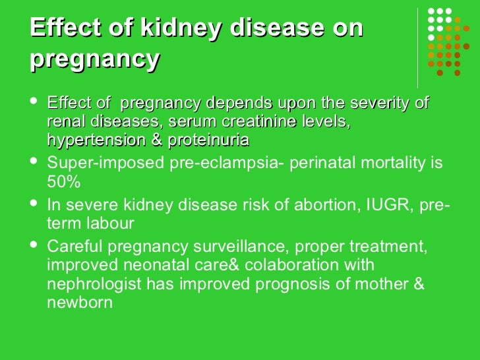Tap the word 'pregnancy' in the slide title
click(x=95, y=59)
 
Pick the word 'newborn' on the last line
click(x=80, y=303)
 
